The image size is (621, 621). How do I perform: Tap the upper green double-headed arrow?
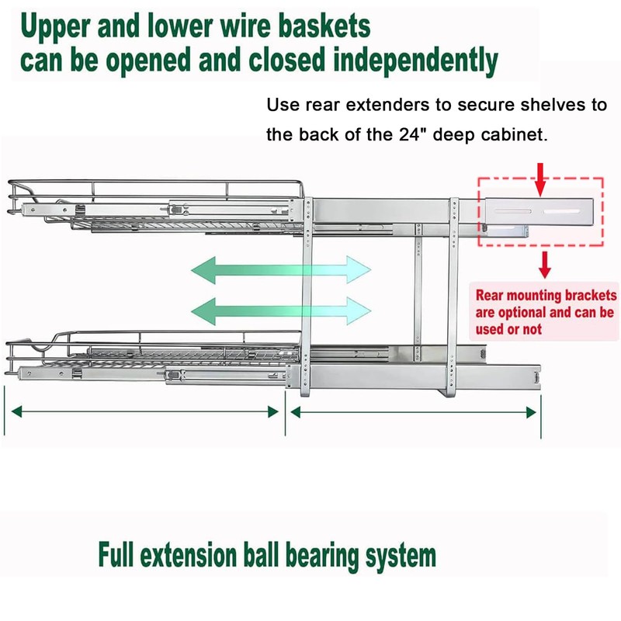coord(281,272)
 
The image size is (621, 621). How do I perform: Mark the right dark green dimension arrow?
coord(413,411)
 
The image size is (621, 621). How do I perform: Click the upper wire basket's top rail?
coord(155,185)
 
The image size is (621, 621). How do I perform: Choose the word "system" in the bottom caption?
coord(399,557)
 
